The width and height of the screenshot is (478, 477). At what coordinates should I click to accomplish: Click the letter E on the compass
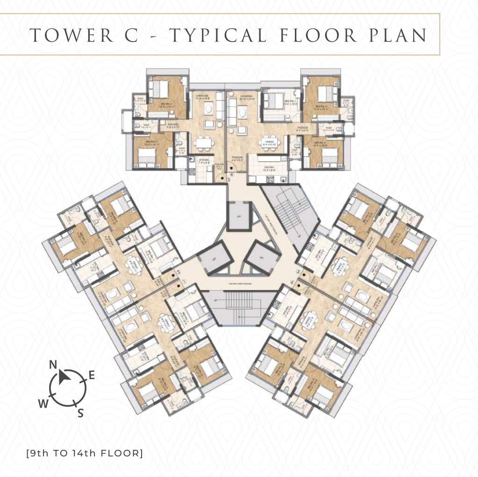tap(92, 375)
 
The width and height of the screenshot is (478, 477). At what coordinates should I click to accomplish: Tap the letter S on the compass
tap(80, 413)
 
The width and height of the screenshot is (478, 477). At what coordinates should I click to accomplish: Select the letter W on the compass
tap(43, 404)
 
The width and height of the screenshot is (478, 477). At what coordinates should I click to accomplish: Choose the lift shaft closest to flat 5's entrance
tap(262, 258)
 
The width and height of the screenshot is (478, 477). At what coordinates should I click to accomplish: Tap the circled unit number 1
tap(184, 282)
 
